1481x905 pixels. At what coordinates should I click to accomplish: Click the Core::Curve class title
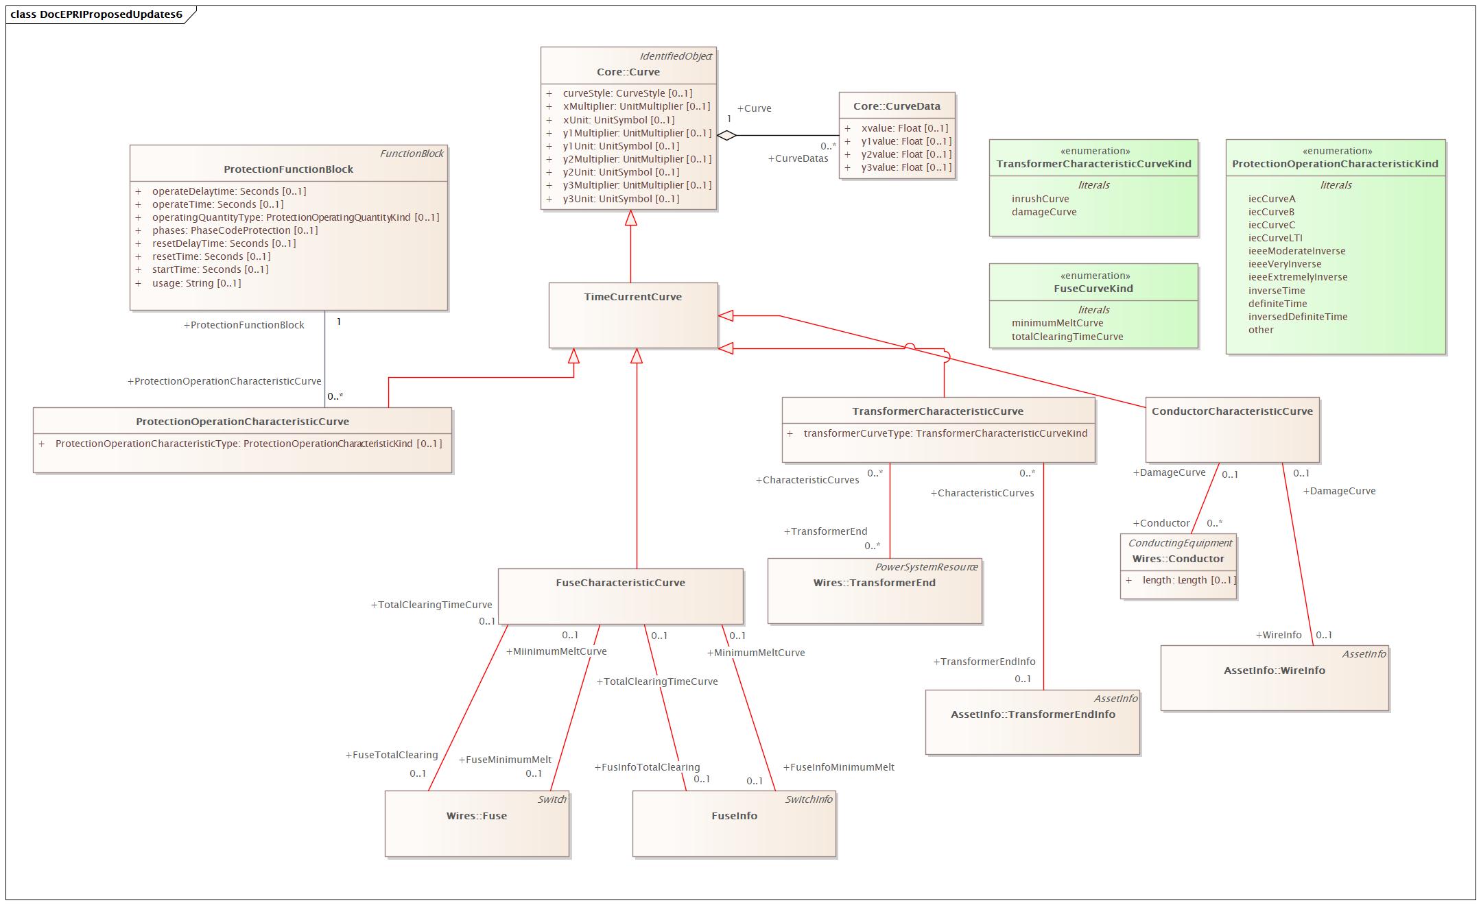(x=628, y=72)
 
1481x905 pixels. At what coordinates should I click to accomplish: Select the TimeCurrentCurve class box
(x=632, y=315)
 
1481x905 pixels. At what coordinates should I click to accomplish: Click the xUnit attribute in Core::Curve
(x=618, y=120)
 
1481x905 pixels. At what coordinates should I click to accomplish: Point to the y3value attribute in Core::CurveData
(x=905, y=167)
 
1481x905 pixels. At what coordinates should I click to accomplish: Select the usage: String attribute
(x=196, y=283)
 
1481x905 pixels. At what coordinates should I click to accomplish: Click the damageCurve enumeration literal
(x=1043, y=212)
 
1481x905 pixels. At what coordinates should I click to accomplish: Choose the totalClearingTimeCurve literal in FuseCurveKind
(x=1067, y=337)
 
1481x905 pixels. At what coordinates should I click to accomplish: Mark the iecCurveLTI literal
(x=1275, y=238)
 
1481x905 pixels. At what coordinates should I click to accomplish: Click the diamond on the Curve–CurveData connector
(x=726, y=136)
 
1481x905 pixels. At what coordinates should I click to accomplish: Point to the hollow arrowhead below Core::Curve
(x=630, y=218)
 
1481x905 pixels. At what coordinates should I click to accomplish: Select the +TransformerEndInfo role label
(x=984, y=662)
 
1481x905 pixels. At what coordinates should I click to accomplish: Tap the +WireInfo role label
(x=1278, y=635)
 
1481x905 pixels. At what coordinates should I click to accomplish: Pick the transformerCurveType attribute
(x=945, y=433)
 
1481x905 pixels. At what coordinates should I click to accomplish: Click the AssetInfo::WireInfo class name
(x=1274, y=671)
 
